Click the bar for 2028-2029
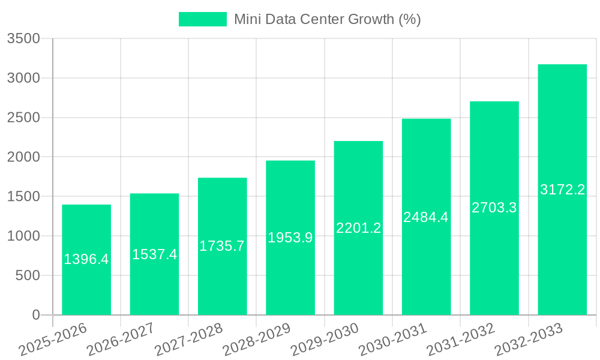(290, 270)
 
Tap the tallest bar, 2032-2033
(562, 240)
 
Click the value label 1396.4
(86, 259)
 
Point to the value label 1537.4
(154, 254)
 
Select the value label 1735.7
(222, 246)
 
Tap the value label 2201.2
(358, 228)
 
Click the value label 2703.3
(494, 208)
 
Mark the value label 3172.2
(562, 190)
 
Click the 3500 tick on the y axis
(23, 39)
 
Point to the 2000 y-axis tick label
(23, 157)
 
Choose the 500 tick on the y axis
(28, 275)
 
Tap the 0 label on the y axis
(35, 315)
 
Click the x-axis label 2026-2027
(121, 340)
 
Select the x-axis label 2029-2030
(325, 340)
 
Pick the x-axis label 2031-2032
(461, 340)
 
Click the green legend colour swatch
(203, 19)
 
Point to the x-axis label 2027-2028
(188, 340)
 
